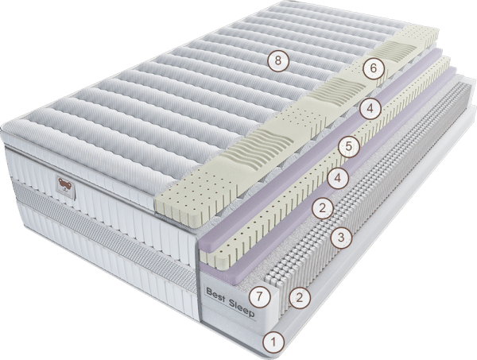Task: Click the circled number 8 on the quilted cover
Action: coord(278,61)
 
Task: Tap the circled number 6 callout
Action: coord(374,68)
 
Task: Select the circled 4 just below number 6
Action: coord(370,108)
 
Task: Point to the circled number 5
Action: coord(349,146)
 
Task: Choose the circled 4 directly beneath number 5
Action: coord(338,178)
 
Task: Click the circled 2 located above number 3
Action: coord(323,208)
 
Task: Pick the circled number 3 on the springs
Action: coord(341,237)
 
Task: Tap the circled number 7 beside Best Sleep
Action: coord(259,296)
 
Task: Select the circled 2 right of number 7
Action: coord(300,298)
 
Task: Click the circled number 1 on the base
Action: coord(273,342)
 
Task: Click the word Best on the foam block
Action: coord(215,296)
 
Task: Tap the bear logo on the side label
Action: coord(65,184)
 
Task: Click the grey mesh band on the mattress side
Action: coord(103,232)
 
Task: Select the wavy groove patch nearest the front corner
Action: coord(257,146)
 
